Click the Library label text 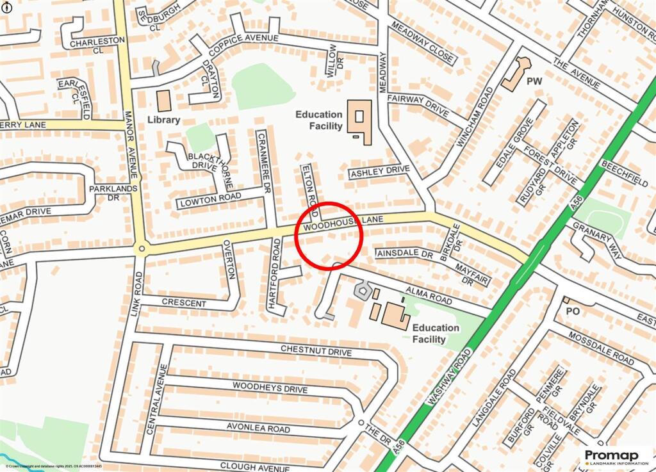(x=163, y=120)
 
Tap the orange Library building (x=165, y=101)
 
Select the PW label (x=534, y=82)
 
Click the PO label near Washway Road (x=573, y=310)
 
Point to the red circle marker (x=329, y=236)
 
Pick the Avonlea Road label (x=258, y=427)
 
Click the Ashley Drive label (x=379, y=172)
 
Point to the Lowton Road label (x=210, y=199)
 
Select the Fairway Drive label (x=418, y=107)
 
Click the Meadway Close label (x=423, y=45)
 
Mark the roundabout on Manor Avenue (x=141, y=248)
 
